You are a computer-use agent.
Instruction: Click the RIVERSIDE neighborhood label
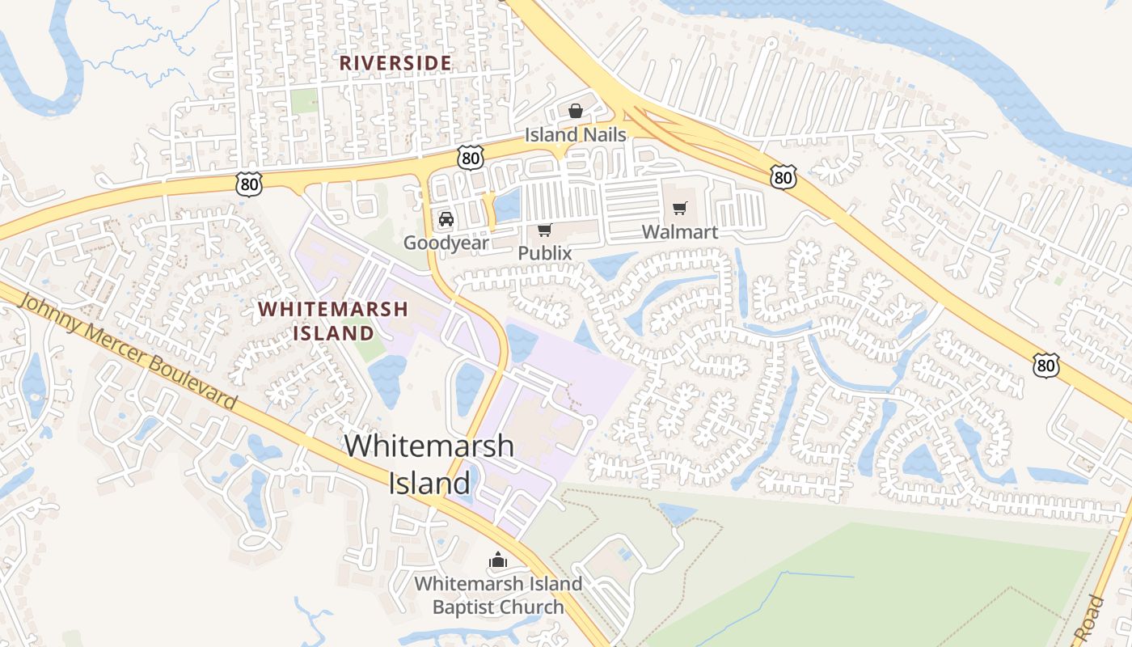[395, 62]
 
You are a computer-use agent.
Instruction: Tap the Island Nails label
[576, 134]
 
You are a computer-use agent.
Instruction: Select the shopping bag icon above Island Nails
[575, 111]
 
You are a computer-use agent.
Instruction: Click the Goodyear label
[446, 243]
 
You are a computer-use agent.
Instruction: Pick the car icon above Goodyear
[446, 219]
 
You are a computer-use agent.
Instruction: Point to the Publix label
[545, 253]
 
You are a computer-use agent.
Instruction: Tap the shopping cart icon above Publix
[545, 230]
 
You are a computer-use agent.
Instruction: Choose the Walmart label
[680, 232]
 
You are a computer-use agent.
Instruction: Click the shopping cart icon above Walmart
[679, 209]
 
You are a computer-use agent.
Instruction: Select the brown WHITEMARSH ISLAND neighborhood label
[333, 320]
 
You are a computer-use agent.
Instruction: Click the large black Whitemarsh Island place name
[429, 464]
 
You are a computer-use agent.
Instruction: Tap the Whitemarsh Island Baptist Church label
[498, 595]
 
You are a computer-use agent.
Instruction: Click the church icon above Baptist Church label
[498, 560]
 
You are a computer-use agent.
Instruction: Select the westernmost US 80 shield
[250, 185]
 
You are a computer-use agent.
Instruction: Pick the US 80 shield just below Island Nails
[470, 157]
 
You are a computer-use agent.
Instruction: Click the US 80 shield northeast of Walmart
[783, 176]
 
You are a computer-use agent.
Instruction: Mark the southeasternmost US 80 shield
[1046, 366]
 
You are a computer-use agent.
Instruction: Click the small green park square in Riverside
[304, 101]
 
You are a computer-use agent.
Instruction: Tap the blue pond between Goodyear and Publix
[508, 205]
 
